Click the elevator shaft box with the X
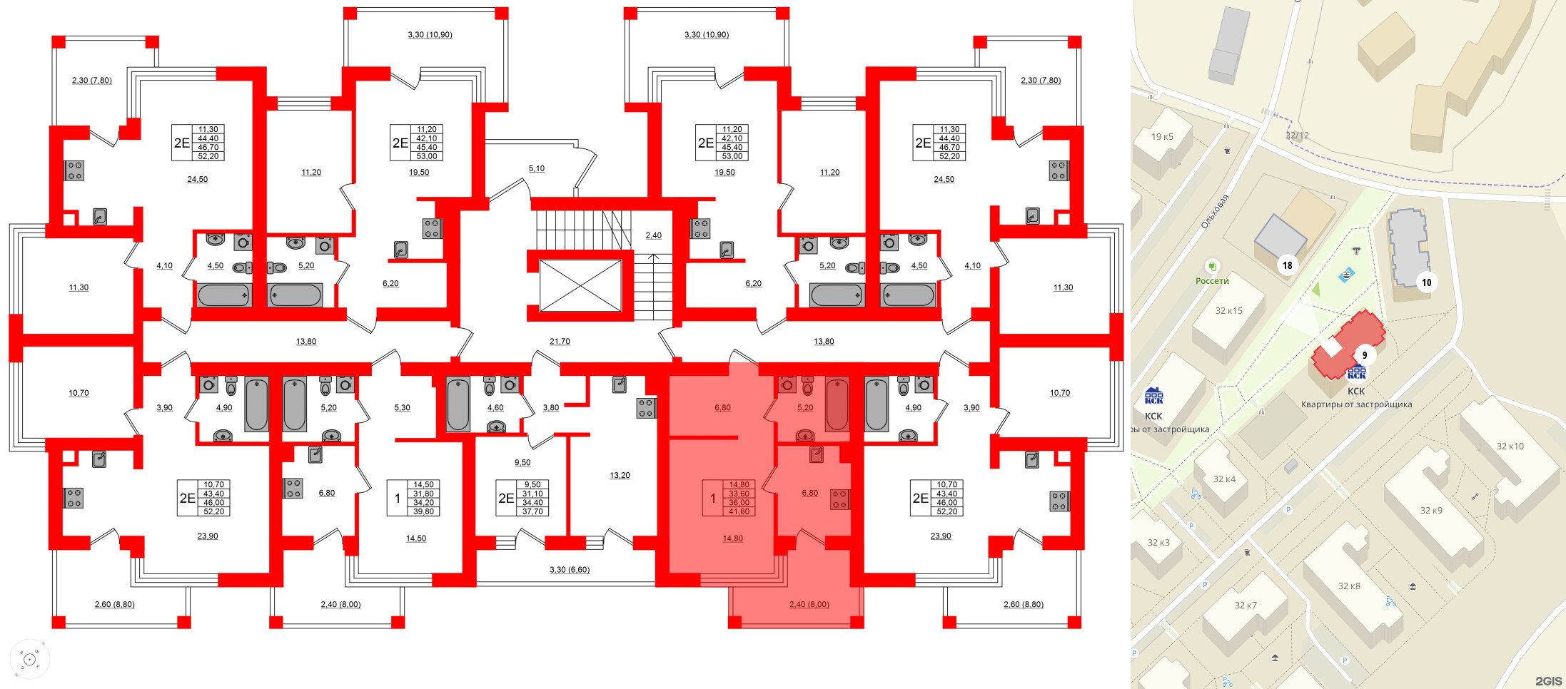pos(580,286)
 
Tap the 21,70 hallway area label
pos(560,342)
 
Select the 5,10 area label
pos(536,168)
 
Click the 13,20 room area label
pos(620,475)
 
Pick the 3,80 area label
pos(550,408)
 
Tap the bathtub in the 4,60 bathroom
pos(458,404)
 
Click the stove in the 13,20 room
pos(645,408)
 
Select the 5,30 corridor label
pos(402,408)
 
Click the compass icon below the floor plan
pos(29,659)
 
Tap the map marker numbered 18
pos(1287,265)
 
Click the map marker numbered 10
pos(1426,282)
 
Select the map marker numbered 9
pos(1364,355)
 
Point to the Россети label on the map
pos(1212,281)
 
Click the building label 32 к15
pos(1228,311)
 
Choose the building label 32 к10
pos(1510,446)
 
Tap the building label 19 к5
pos(1162,137)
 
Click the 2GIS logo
pos(1548,681)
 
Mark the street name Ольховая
pos(1214,212)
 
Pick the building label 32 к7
pos(1246,606)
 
